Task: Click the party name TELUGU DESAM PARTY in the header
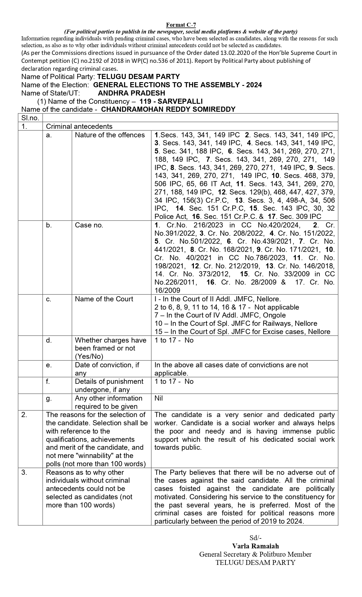click(x=138, y=77)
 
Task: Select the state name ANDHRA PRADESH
click(x=131, y=93)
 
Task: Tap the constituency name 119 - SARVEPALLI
click(x=171, y=101)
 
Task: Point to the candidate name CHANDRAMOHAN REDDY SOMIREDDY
click(x=168, y=109)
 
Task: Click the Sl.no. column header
click(x=30, y=118)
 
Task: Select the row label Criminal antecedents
click(x=79, y=126)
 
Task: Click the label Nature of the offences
click(x=110, y=135)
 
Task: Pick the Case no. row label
click(x=89, y=225)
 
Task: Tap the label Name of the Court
click(x=104, y=299)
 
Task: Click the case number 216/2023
click(x=204, y=225)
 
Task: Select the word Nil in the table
click(x=159, y=398)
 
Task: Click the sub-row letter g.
click(x=49, y=398)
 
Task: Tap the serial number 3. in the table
click(x=24, y=472)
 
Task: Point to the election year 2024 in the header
click(x=254, y=85)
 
